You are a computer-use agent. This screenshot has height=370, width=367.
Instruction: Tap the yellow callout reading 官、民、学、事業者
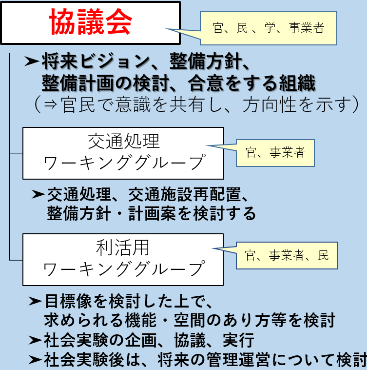click(269, 28)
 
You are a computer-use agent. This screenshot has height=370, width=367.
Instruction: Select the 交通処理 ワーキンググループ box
click(123, 153)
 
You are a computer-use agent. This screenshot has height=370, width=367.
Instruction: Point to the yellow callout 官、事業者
click(275, 153)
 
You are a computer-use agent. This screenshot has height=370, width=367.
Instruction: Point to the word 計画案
click(146, 213)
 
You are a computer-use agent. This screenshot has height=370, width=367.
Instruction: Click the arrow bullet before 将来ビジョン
click(32, 62)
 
